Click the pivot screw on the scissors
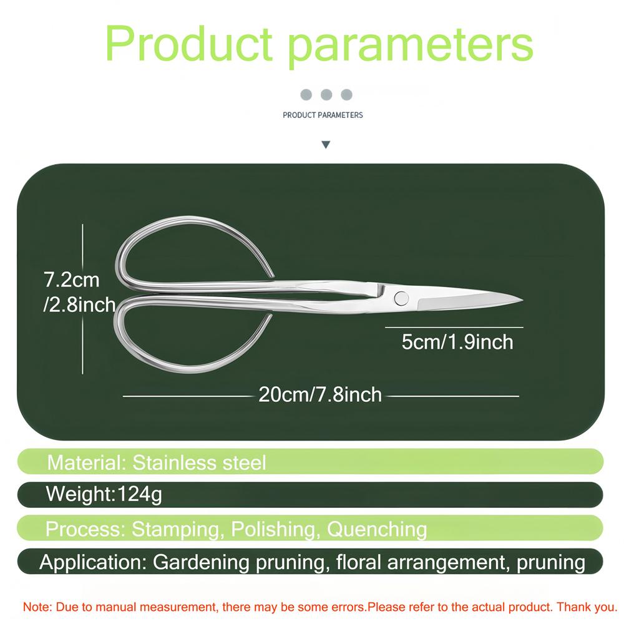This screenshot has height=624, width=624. coord(401,298)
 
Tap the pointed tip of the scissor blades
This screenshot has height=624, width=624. coord(522,300)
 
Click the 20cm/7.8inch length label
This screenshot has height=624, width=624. coord(320,395)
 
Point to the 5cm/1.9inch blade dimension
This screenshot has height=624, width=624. coord(457,342)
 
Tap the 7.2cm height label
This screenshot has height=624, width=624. coord(72,280)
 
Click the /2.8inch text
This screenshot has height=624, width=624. coord(79,305)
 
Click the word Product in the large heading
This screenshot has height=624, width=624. coord(188,43)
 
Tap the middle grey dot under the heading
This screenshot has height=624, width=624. coord(326,95)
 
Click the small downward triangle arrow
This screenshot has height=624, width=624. coord(326,145)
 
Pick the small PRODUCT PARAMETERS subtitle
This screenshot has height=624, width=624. coord(323,115)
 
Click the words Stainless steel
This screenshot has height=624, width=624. coord(199,463)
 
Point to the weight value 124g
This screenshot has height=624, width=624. coord(140,494)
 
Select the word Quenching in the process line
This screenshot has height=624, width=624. coord(377,529)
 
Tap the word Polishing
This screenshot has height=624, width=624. coord(275,529)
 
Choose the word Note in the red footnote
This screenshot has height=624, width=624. coord(36,607)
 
